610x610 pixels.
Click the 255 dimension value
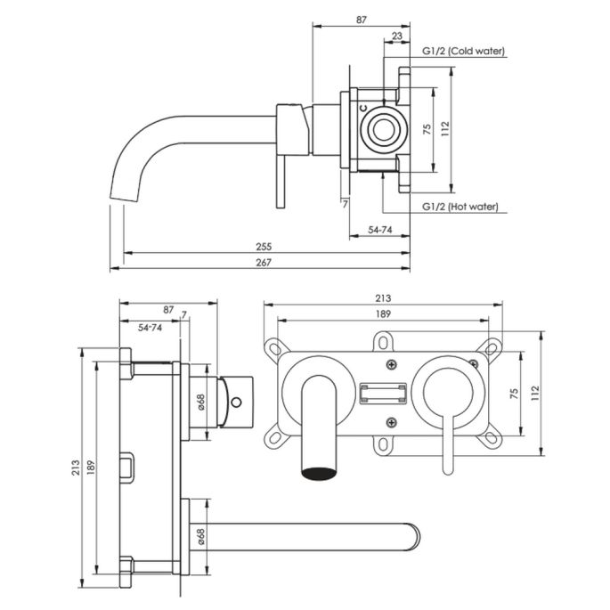(x=264, y=246)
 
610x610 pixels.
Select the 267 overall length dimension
(x=264, y=262)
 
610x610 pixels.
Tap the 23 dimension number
(x=395, y=37)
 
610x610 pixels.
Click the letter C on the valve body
(x=363, y=107)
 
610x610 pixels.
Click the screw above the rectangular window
(x=390, y=364)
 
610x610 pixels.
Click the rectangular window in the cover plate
(x=385, y=393)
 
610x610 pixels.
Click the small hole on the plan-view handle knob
(x=237, y=403)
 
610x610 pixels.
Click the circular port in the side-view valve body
(x=386, y=129)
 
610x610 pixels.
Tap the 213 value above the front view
(x=384, y=298)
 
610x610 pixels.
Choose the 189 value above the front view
(x=384, y=313)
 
